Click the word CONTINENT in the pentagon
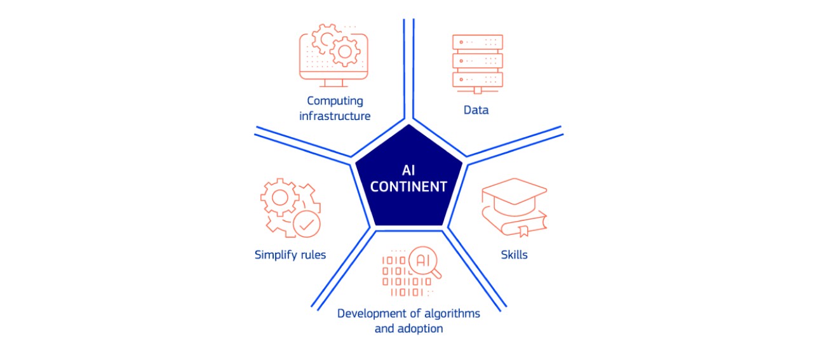[408, 187]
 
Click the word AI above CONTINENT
[408, 170]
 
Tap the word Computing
[335, 101]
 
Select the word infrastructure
[335, 116]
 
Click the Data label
[476, 110]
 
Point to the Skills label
[514, 255]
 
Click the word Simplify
[276, 255]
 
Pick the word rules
[313, 255]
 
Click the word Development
[373, 314]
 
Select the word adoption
[420, 329]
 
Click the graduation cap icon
[514, 197]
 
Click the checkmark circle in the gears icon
[306, 224]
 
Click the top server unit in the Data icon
[477, 42]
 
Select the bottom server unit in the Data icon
[477, 79]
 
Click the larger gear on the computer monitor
[345, 52]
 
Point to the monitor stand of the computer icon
[333, 83]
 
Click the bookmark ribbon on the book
[523, 231]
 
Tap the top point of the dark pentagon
[409, 124]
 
